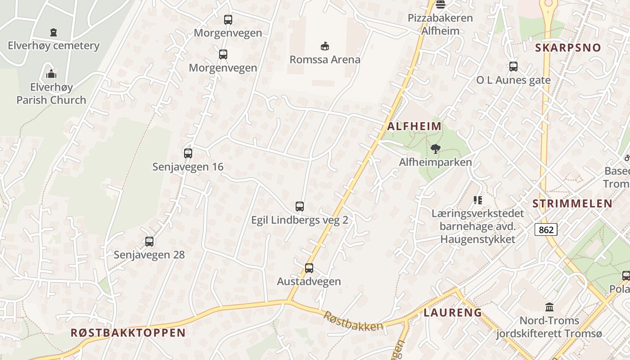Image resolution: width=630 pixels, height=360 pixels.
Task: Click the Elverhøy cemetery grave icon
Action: (x=54, y=32)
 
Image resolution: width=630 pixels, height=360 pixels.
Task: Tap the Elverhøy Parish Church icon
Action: (x=51, y=74)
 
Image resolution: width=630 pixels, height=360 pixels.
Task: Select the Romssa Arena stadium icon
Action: (x=324, y=46)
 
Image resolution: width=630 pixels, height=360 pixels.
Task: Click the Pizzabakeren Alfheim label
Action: (x=440, y=24)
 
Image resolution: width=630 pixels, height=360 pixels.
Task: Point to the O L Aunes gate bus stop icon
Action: (x=513, y=67)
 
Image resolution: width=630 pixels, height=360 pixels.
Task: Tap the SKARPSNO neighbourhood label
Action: (x=568, y=48)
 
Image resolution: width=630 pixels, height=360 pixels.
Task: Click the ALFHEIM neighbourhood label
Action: (x=414, y=126)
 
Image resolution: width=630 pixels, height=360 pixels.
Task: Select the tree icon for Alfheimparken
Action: (x=435, y=149)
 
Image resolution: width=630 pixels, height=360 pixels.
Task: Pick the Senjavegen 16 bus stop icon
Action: (x=188, y=153)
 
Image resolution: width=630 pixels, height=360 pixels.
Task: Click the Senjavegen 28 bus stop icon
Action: (x=149, y=242)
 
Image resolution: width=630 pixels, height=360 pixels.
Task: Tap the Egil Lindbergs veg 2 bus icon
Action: (x=300, y=207)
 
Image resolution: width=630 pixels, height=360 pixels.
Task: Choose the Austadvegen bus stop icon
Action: (x=309, y=268)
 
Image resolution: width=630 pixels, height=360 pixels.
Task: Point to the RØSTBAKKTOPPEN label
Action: (x=128, y=333)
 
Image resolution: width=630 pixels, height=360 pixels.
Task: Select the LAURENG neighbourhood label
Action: (x=453, y=312)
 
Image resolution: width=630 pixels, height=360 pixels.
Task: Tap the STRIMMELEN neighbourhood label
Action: (x=572, y=203)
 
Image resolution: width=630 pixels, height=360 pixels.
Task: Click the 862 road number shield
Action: (x=546, y=229)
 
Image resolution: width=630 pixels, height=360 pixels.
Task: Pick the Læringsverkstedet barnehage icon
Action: (x=477, y=200)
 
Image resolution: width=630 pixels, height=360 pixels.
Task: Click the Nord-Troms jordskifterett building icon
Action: (x=549, y=307)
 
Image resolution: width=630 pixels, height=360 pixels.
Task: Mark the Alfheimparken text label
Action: (x=435, y=162)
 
